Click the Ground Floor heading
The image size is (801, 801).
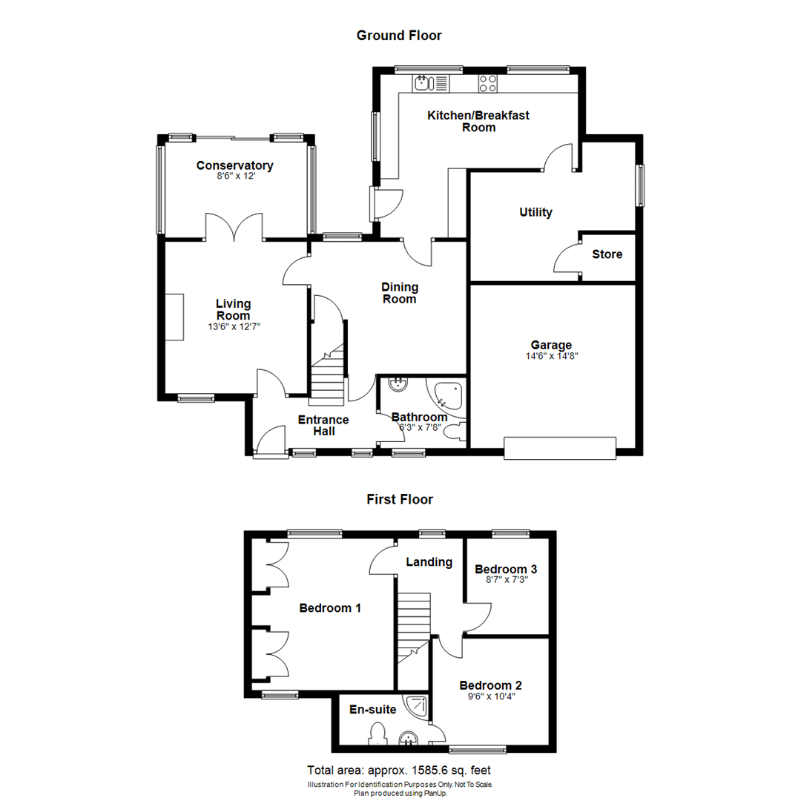point(399,35)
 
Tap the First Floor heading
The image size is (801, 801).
point(400,499)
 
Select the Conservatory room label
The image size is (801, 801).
point(234,165)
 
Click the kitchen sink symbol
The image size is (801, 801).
point(424,83)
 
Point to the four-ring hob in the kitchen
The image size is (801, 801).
point(487,83)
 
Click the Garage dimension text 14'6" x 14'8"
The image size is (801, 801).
point(550,355)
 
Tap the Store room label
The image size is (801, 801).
point(607,254)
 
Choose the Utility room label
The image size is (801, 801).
point(535,213)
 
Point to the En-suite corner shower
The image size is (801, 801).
point(416,706)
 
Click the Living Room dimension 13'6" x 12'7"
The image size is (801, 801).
point(234,326)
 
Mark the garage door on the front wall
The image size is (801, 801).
point(560,448)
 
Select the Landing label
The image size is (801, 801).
point(429,562)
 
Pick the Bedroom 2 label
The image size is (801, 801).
point(490,685)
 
